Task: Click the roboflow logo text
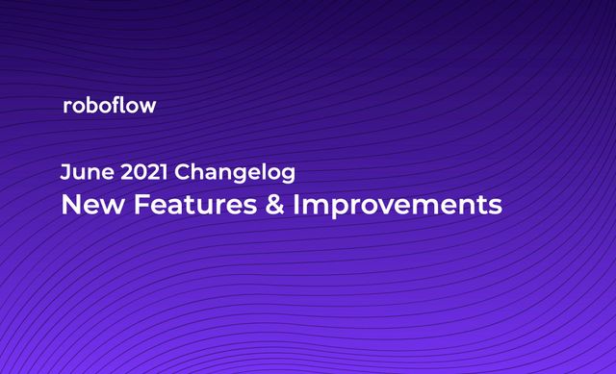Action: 108,106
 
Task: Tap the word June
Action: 82,173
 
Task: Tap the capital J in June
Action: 64,173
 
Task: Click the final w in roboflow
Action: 146,107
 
